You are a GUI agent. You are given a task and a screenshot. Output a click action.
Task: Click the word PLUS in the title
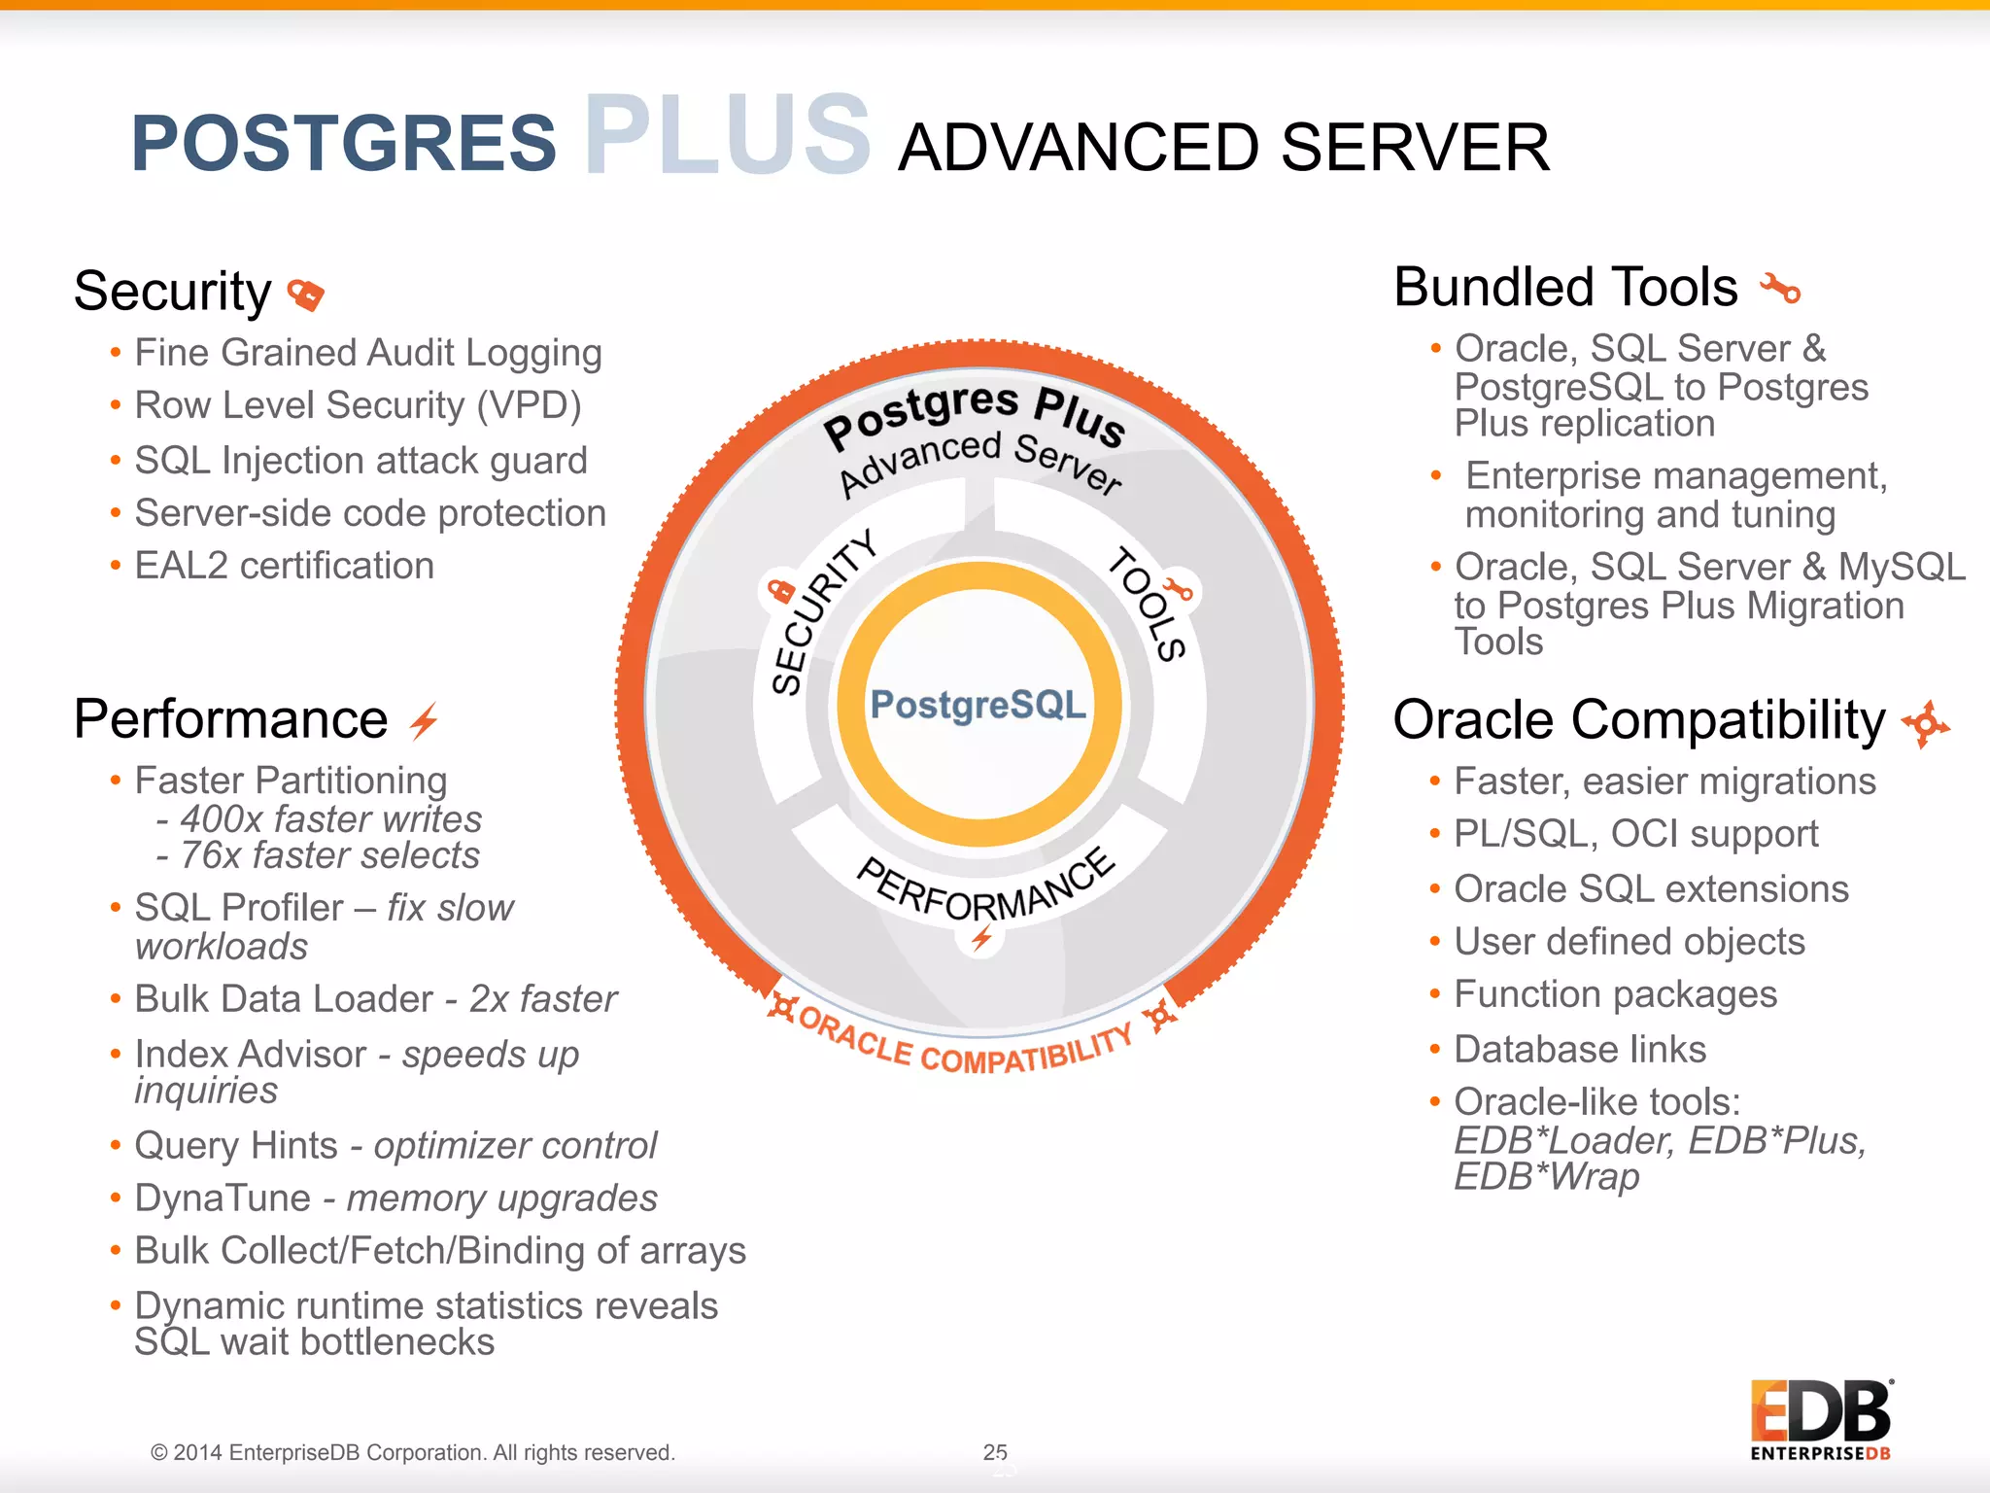click(727, 136)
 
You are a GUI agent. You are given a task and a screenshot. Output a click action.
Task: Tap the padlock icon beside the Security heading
click(306, 294)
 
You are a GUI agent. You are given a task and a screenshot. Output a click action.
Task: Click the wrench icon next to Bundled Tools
click(1780, 289)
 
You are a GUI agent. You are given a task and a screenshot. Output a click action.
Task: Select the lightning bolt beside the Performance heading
click(424, 721)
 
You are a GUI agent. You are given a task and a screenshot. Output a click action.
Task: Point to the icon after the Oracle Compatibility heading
click(1925, 724)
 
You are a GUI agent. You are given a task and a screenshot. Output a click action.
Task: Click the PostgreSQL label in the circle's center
click(978, 705)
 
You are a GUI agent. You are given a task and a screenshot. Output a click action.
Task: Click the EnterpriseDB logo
click(1820, 1419)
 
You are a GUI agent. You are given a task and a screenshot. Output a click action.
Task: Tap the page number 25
click(995, 1451)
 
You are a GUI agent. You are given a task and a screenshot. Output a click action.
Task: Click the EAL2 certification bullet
click(284, 566)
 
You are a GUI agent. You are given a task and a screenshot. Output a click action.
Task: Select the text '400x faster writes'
click(330, 819)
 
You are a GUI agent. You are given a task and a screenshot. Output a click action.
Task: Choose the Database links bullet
click(1580, 1050)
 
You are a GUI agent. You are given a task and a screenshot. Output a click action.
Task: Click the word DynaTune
click(223, 1198)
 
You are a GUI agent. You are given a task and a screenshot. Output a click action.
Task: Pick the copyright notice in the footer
click(412, 1452)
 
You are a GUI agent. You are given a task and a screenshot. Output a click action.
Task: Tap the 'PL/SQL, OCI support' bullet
click(1635, 834)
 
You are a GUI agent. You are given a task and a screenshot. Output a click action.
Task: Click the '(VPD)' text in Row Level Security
click(529, 405)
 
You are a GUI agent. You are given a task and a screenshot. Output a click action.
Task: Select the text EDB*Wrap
click(1546, 1177)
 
